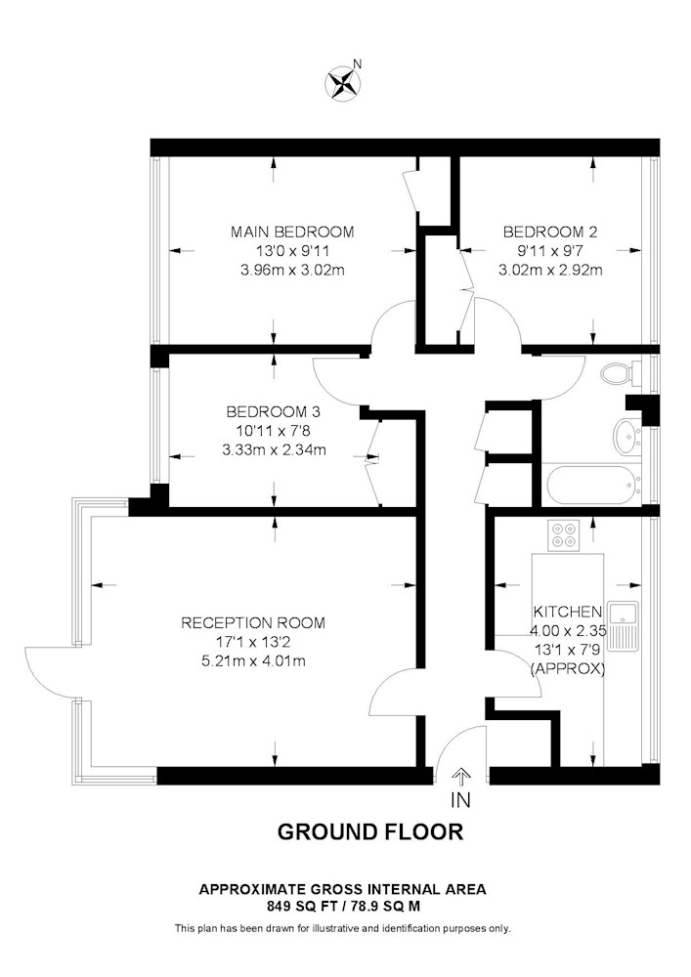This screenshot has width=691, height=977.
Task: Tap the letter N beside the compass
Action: [x=357, y=63]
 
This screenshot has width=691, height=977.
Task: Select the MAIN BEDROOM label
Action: [x=292, y=233]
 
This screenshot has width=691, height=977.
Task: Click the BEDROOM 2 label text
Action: [x=550, y=233]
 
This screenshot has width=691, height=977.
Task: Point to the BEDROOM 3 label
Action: [x=274, y=412]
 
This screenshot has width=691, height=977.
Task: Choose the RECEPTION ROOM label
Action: [x=253, y=622]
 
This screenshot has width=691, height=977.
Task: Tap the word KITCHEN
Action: [x=568, y=612]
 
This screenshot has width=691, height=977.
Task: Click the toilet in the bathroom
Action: [x=618, y=373]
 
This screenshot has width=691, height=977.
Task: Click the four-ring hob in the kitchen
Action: [x=564, y=535]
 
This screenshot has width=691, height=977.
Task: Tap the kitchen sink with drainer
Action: [x=624, y=626]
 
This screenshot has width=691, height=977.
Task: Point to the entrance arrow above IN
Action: [x=461, y=777]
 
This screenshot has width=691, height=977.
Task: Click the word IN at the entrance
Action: [x=460, y=800]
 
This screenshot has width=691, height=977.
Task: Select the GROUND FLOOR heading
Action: [x=370, y=831]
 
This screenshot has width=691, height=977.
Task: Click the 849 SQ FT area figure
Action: [x=302, y=906]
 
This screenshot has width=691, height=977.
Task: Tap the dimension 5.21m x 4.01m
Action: [x=253, y=661]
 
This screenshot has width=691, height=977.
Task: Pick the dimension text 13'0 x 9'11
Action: [x=293, y=251]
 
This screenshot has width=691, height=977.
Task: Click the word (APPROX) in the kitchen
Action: [x=568, y=669]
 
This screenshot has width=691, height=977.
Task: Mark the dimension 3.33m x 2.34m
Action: [x=275, y=449]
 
